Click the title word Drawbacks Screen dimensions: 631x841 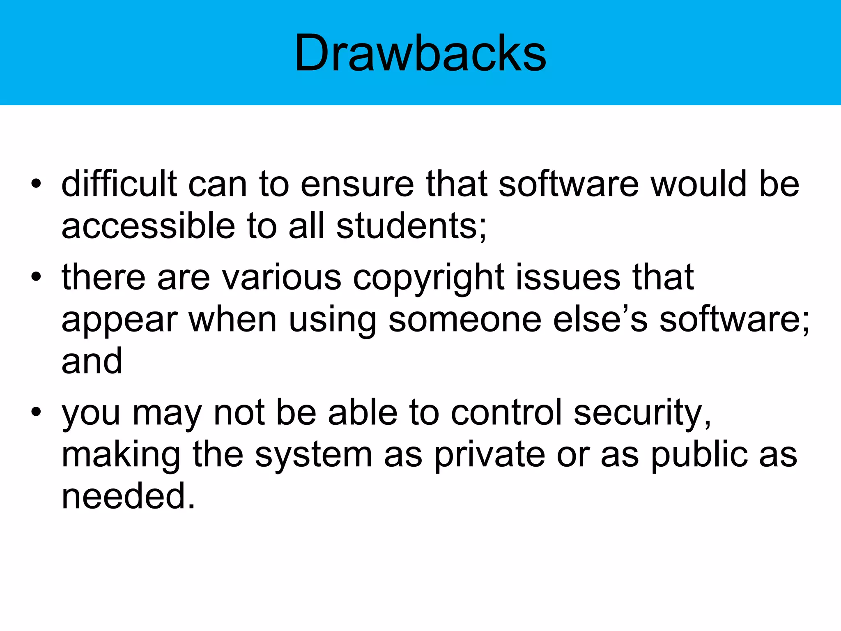420,53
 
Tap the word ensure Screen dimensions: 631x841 357,185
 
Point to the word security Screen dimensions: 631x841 642,413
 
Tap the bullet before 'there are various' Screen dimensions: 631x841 36,277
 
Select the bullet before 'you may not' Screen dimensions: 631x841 36,412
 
